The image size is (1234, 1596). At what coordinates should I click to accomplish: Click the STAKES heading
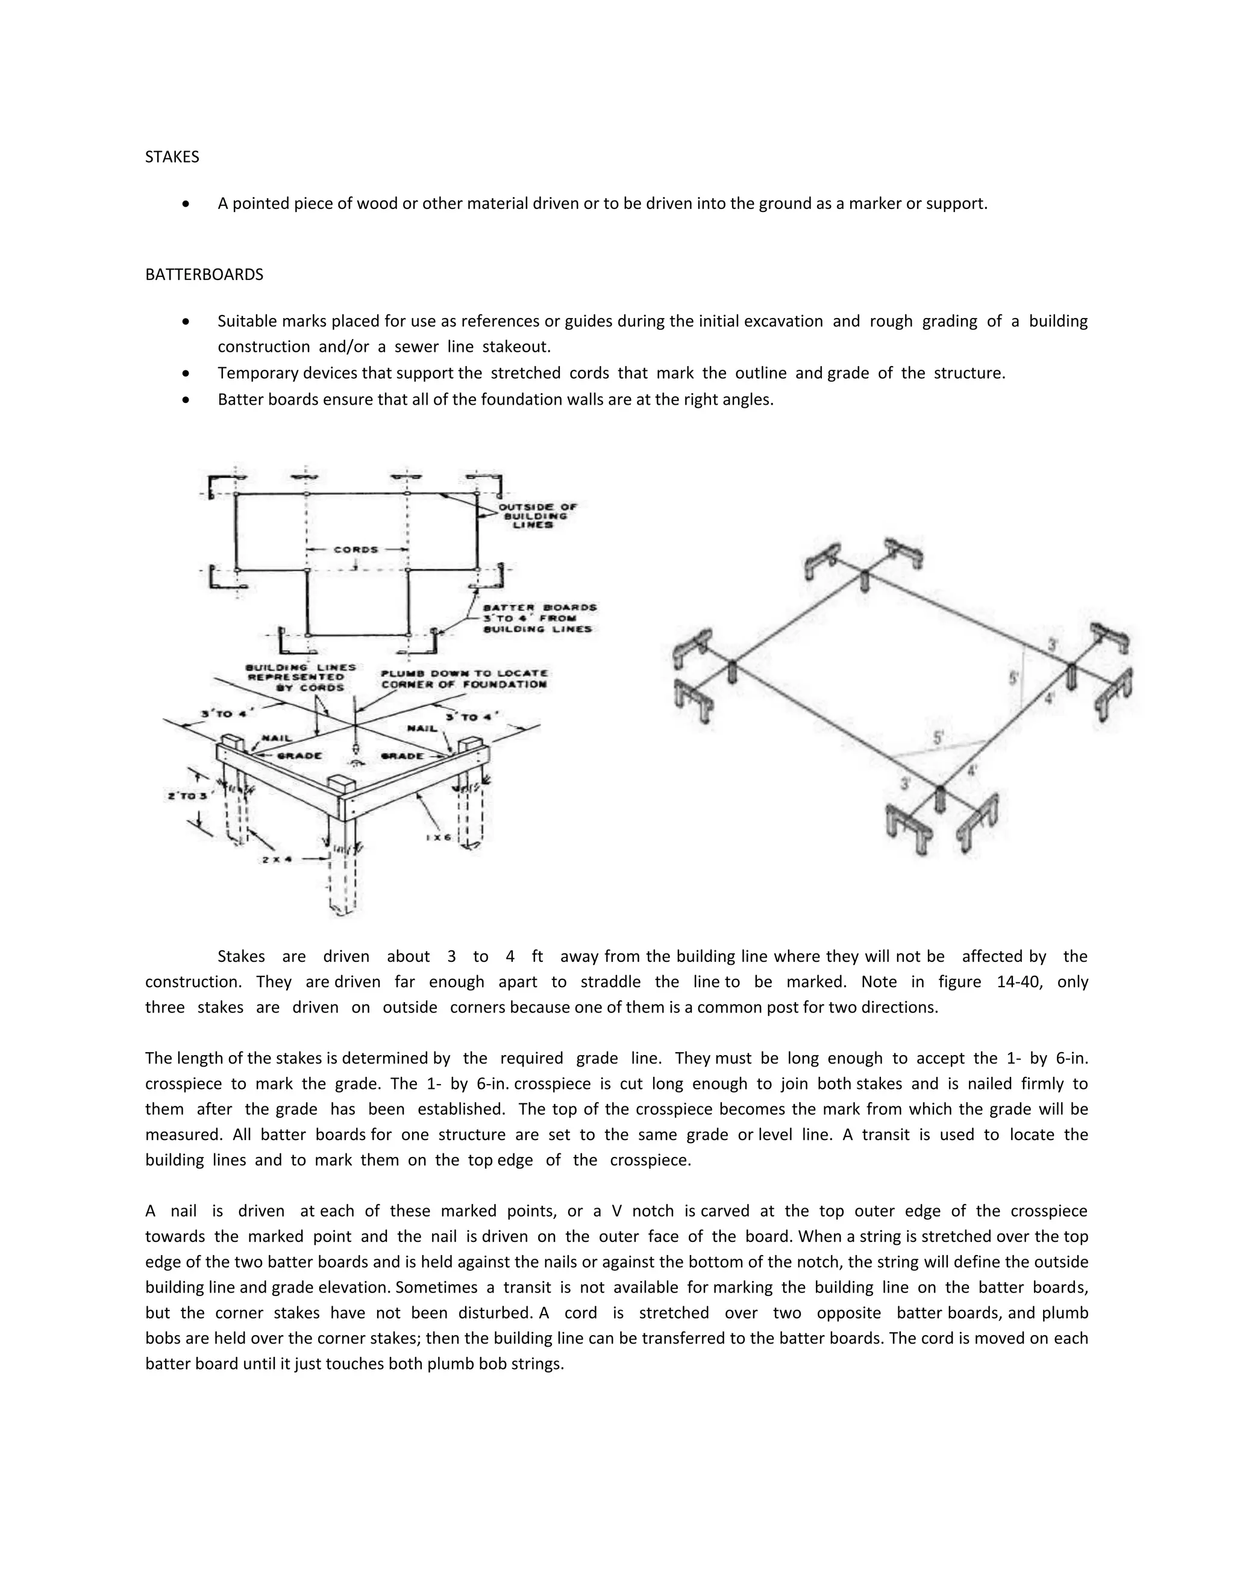(172, 157)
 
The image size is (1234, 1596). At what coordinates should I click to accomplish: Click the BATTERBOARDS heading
(204, 275)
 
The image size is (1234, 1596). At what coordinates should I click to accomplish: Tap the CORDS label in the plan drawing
(356, 549)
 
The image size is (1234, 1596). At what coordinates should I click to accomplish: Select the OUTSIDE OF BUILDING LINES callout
(537, 515)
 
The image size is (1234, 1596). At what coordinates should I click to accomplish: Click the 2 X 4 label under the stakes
(278, 859)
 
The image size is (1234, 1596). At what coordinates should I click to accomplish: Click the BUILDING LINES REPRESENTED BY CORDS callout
(301, 677)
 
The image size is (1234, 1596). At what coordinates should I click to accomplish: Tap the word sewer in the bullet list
(416, 346)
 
